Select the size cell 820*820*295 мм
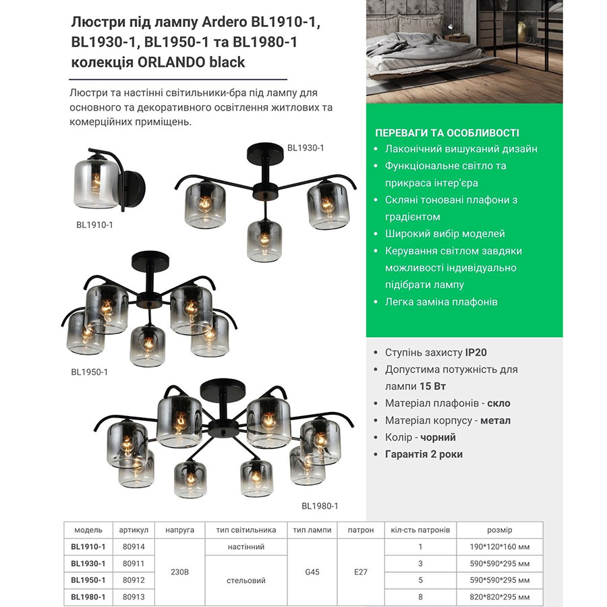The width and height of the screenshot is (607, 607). (x=499, y=597)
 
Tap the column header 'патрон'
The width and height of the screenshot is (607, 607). (x=360, y=530)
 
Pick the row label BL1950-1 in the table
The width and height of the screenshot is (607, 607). (x=88, y=580)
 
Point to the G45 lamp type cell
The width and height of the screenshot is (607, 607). (x=312, y=572)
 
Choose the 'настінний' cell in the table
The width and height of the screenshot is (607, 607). (x=246, y=546)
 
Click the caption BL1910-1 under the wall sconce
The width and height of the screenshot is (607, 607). (x=94, y=225)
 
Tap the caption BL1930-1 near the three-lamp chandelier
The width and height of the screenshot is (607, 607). (x=306, y=147)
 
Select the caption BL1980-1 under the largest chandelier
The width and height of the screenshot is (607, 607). (x=320, y=506)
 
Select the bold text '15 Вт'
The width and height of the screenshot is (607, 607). (x=432, y=386)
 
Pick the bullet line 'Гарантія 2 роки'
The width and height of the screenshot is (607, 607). (x=424, y=454)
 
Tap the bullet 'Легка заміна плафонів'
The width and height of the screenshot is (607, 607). (x=441, y=301)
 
